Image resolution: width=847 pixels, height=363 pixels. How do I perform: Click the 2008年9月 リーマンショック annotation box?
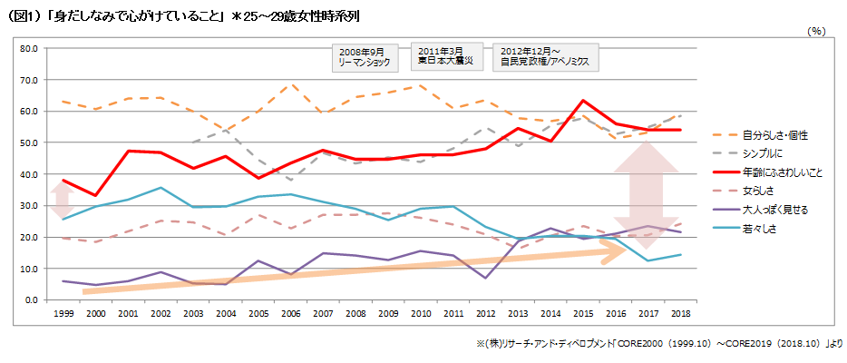366,56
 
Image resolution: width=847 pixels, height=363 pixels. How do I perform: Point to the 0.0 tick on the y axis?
31,299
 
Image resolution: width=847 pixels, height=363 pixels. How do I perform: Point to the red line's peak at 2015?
583,101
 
